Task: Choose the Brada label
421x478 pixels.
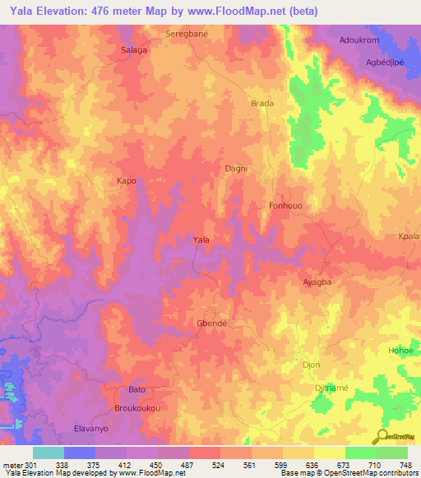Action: click(261, 104)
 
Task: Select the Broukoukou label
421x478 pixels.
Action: click(136, 407)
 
